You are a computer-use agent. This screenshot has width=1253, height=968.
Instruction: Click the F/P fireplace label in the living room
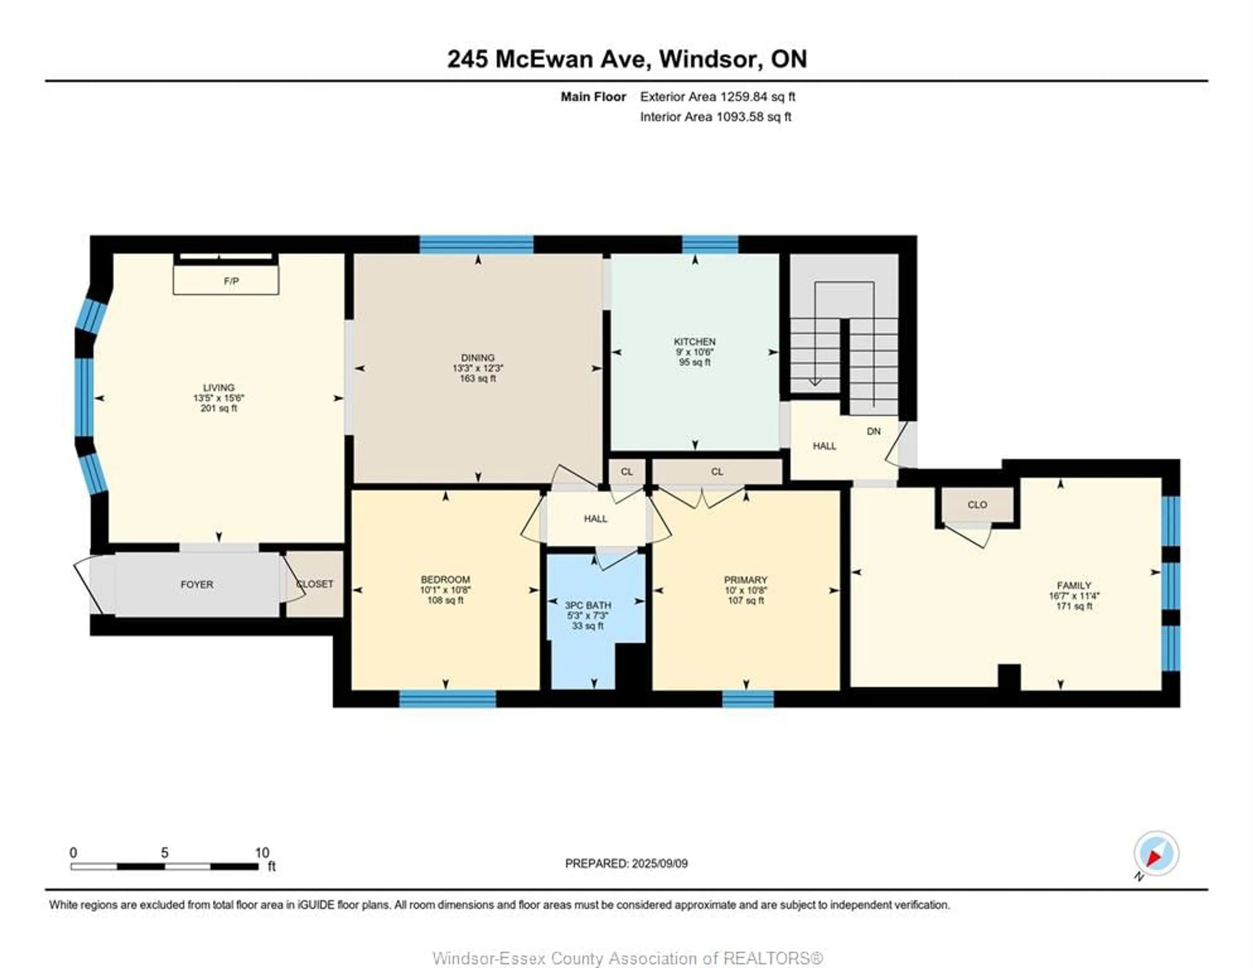pos(231,281)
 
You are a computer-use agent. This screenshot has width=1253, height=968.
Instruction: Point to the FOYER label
pos(197,584)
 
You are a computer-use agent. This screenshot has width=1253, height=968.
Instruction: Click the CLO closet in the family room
pos(977,505)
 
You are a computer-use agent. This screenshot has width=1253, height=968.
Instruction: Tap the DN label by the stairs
pos(873,432)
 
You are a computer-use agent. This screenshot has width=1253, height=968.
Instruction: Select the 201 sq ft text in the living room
pos(219,408)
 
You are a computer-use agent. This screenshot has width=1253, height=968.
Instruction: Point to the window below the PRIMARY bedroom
pos(748,699)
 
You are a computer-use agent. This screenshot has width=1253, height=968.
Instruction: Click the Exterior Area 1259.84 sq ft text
pos(717,97)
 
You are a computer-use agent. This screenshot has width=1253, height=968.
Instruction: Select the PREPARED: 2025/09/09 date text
pos(626,864)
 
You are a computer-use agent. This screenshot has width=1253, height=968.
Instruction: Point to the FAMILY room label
pos(1074,585)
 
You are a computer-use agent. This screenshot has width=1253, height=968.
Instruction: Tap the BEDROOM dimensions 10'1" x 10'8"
pos(445,590)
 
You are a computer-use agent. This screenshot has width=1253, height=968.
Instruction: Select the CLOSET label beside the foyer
pos(315,584)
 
